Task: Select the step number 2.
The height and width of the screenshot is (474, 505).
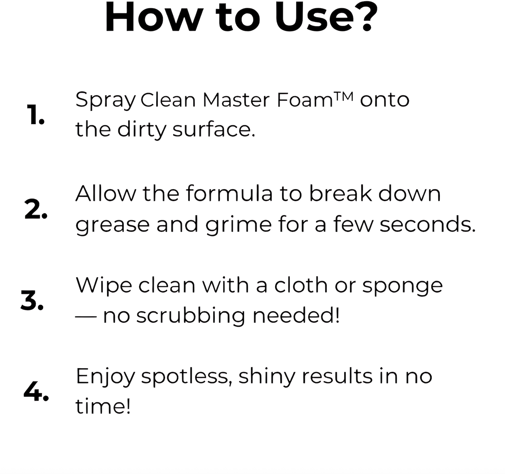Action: (36, 210)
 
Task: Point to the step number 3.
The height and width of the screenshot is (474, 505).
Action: (32, 301)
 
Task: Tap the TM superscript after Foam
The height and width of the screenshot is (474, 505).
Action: (343, 96)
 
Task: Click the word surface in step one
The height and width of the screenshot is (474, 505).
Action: (214, 129)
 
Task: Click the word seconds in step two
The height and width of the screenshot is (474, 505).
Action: (427, 224)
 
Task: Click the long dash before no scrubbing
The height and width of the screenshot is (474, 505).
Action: (86, 316)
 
